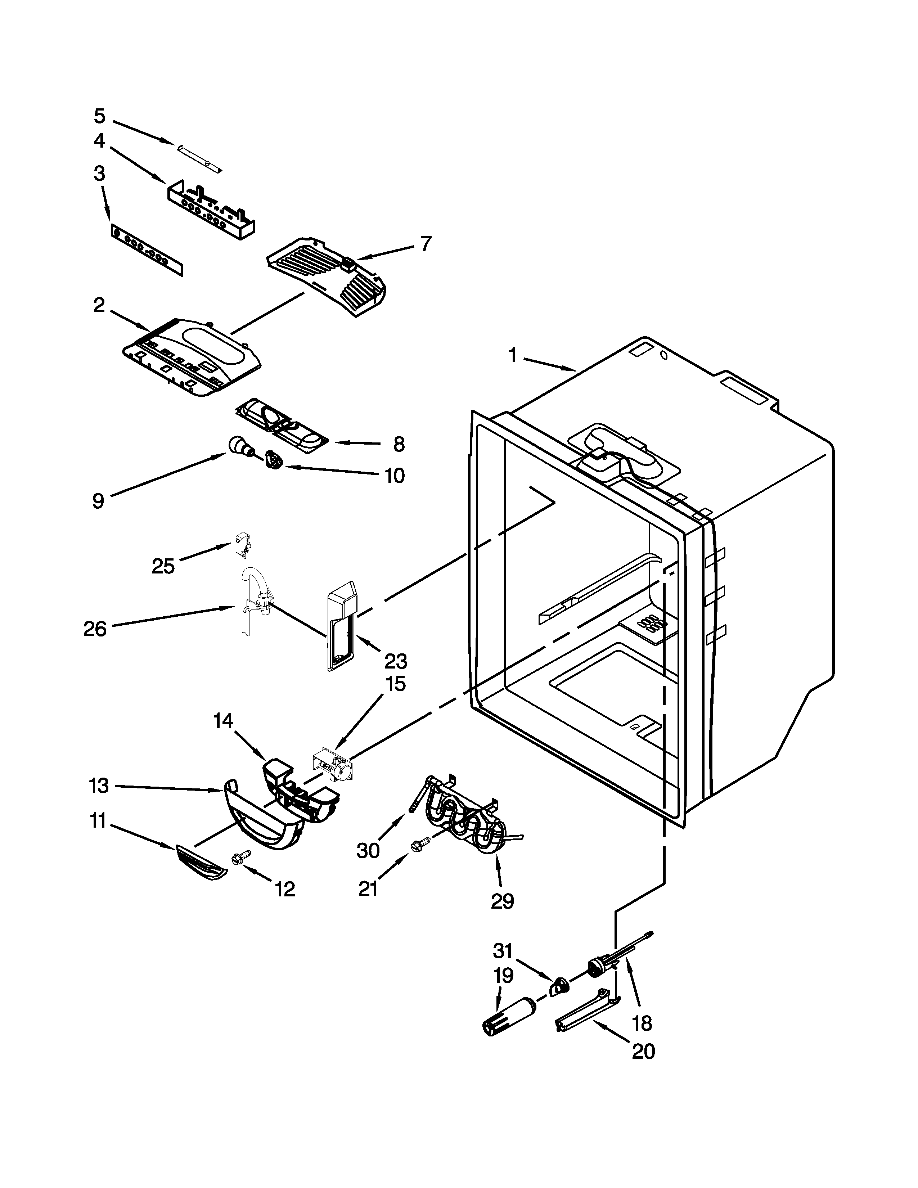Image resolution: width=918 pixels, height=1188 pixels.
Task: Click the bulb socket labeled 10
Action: click(x=274, y=461)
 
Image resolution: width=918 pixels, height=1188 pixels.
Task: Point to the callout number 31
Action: click(x=503, y=950)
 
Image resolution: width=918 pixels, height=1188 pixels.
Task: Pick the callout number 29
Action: click(x=502, y=901)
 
